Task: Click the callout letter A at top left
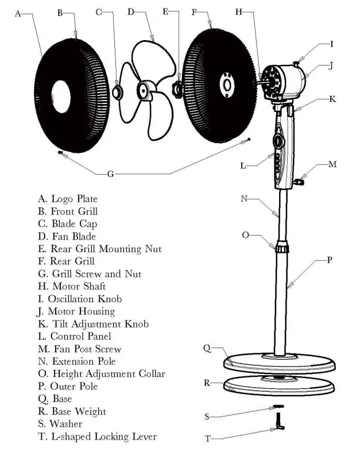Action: tap(18, 14)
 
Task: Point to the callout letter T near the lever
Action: tap(208, 439)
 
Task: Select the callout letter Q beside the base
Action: tap(207, 348)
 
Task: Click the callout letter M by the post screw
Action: tap(332, 164)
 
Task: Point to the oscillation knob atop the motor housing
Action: tap(296, 62)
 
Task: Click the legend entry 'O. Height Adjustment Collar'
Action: tap(101, 374)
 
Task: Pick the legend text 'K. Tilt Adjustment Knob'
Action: tap(93, 324)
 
